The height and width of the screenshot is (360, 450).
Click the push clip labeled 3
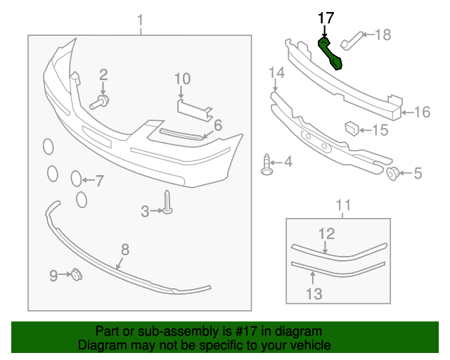click(x=167, y=202)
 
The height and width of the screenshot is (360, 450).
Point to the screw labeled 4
click(x=395, y=173)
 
